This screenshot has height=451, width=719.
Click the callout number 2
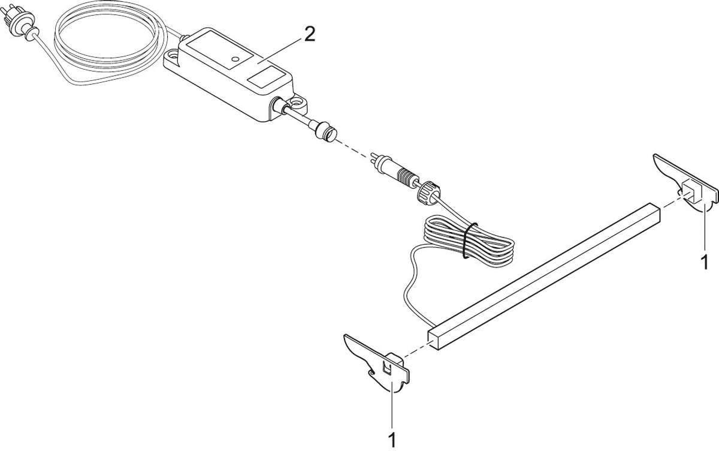click(x=309, y=35)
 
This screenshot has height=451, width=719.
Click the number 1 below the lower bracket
click(x=392, y=440)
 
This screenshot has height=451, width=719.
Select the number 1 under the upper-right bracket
click(x=705, y=263)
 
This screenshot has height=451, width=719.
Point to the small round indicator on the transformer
click(x=235, y=59)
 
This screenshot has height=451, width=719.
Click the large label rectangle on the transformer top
click(x=219, y=49)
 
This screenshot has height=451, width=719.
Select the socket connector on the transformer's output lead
click(x=326, y=130)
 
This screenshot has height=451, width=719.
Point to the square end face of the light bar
click(x=433, y=340)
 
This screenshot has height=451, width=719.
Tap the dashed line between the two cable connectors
click(x=354, y=148)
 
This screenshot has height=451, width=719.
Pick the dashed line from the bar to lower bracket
click(x=415, y=350)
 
